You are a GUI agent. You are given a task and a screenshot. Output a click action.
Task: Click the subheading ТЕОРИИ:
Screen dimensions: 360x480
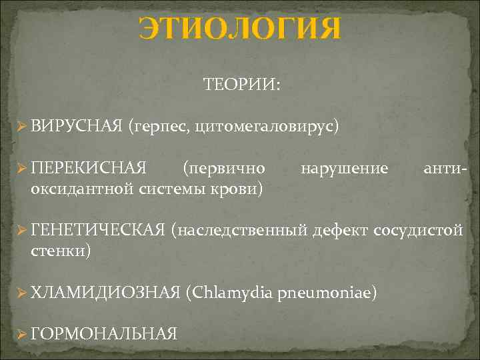tap(242, 85)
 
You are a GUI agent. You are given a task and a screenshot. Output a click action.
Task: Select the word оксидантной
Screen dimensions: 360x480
tap(82, 189)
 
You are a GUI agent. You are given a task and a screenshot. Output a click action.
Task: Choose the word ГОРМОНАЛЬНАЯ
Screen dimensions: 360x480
tap(104, 334)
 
